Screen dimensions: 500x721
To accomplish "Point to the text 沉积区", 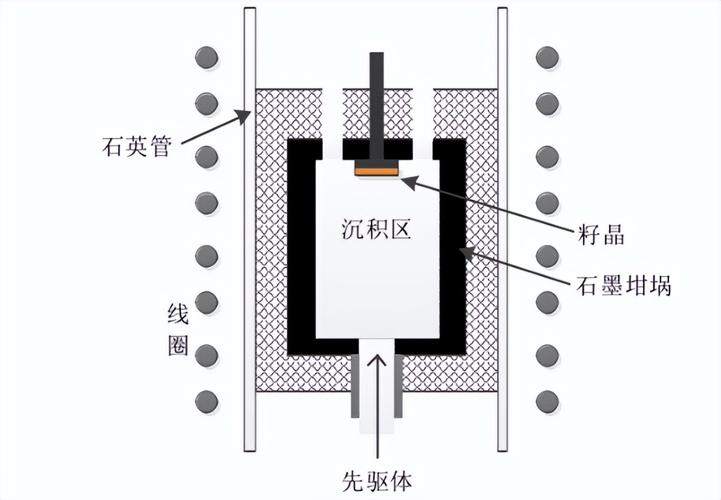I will [377, 229].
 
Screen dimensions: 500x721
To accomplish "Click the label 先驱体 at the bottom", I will [377, 481].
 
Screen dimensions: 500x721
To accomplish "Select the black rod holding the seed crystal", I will [377, 104].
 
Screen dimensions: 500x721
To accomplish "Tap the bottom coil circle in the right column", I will [547, 400].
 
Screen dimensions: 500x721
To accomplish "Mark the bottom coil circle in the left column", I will [207, 400].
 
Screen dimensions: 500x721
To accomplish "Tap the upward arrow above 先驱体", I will [377, 404].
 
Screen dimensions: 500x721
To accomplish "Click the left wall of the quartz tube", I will [249, 228].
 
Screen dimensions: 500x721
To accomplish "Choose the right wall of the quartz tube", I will [502, 228].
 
